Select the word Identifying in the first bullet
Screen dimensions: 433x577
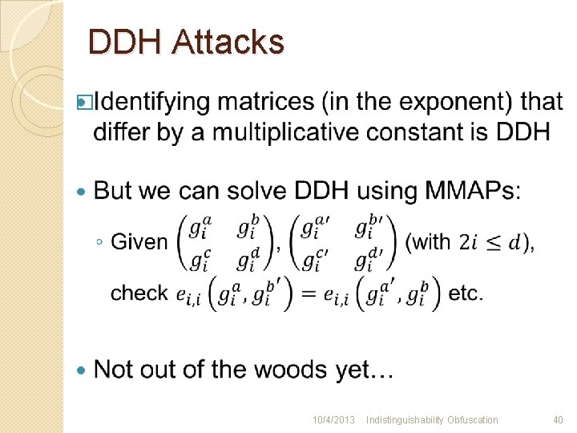(x=156, y=103)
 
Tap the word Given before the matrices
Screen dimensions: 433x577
(x=139, y=241)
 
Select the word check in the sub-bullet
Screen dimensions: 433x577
(x=139, y=293)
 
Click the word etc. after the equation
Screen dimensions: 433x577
(x=466, y=293)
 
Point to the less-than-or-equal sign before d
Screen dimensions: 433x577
(x=497, y=241)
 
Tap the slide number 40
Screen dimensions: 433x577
(x=559, y=420)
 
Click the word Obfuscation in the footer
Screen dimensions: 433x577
(x=472, y=420)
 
